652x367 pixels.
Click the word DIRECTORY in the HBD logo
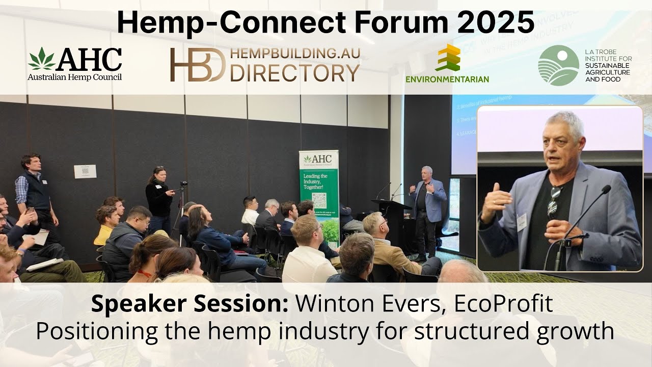coord(295,73)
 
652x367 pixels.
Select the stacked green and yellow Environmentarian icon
coord(447,58)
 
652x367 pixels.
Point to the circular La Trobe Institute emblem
coord(558,65)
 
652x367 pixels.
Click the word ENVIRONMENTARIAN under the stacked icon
coord(447,79)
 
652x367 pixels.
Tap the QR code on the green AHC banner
coord(319,200)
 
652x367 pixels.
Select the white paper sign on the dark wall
coord(85,171)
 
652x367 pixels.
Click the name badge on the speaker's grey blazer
coord(522,222)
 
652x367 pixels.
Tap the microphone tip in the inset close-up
coord(606,190)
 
